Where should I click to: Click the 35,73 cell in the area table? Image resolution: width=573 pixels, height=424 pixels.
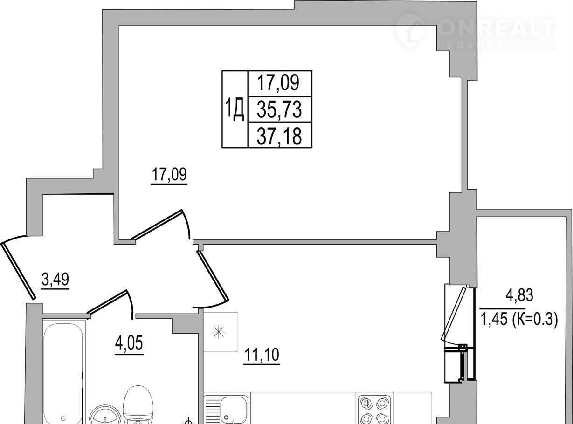(x=280, y=109)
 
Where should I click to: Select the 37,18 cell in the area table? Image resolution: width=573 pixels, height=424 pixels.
(x=280, y=135)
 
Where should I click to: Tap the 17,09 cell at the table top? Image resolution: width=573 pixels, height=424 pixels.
(x=280, y=84)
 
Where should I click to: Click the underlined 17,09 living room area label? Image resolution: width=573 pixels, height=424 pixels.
(x=169, y=175)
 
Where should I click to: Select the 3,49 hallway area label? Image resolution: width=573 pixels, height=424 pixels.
(x=55, y=280)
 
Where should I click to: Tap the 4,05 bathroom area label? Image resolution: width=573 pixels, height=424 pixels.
(x=129, y=343)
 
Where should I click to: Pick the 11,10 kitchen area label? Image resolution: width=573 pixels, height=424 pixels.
(x=262, y=355)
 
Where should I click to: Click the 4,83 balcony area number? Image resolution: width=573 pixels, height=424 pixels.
(x=519, y=295)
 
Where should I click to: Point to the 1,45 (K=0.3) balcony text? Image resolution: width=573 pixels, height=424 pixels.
(x=519, y=320)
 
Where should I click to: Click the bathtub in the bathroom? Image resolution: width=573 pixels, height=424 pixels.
(x=63, y=373)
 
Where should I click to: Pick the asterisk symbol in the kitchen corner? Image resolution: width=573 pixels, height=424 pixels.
(x=219, y=332)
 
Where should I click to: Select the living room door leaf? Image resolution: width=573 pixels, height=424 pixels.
(x=158, y=225)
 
